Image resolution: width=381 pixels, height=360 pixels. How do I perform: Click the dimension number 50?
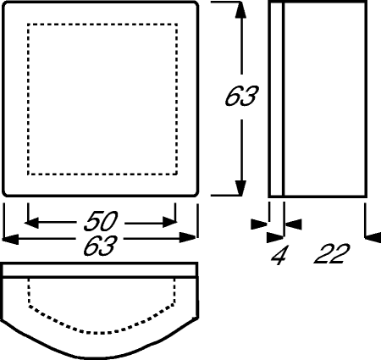[x=101, y=220]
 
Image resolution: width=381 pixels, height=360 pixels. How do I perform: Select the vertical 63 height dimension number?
[x=241, y=96]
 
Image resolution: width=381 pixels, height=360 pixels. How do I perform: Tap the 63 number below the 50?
[x=101, y=246]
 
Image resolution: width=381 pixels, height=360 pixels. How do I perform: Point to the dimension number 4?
[x=279, y=255]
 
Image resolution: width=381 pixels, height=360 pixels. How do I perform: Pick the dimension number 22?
[x=332, y=254]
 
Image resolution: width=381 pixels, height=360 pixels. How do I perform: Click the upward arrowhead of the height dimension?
[x=240, y=10]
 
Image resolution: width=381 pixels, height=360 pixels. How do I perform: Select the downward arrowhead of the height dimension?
[x=240, y=186]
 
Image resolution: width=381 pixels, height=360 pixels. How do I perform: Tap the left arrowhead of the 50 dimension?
[x=31, y=223]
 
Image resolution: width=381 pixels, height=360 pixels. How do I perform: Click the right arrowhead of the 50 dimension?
[x=169, y=223]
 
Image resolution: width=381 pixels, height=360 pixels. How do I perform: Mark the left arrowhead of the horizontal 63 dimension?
[x=10, y=239]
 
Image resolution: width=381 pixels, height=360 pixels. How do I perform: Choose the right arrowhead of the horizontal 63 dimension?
[x=188, y=238]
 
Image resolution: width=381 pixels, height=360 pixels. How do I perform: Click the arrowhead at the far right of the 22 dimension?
[x=373, y=237]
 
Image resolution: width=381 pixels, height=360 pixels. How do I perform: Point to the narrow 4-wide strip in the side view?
[x=276, y=99]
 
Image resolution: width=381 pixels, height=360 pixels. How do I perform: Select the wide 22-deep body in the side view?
[x=325, y=99]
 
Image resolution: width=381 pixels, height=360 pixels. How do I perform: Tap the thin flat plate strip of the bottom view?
[x=100, y=269]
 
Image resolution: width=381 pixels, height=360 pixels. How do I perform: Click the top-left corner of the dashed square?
[x=28, y=25]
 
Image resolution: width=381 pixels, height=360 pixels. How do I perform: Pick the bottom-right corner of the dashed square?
[x=176, y=174]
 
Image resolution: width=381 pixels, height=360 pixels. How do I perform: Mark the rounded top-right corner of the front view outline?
[x=195, y=5]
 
